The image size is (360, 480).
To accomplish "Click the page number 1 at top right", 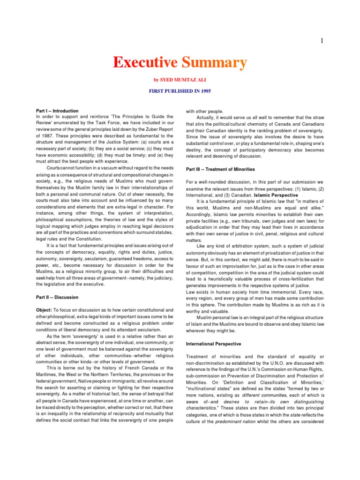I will point(322,41).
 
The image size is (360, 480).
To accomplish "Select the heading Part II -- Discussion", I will point(57,297).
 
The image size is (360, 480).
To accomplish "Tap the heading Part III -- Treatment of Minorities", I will point(220,169).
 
